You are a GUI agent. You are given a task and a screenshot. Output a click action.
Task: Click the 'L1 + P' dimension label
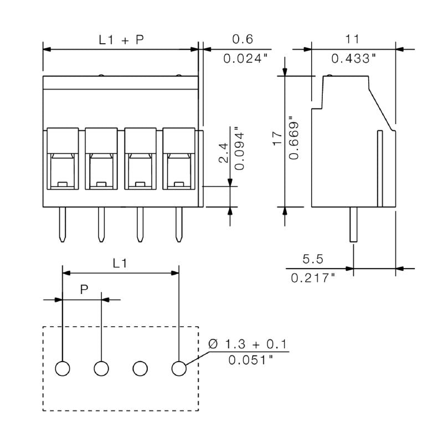[120, 39]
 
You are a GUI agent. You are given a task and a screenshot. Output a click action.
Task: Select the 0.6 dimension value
[242, 39]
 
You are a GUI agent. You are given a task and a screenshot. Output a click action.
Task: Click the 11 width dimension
[352, 39]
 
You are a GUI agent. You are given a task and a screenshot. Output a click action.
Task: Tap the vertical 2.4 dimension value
[223, 153]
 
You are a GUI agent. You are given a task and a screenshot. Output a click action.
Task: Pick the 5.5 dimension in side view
[313, 259]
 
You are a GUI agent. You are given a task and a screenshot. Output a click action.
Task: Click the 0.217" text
[313, 277]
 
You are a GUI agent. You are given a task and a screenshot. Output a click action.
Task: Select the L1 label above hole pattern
[120, 264]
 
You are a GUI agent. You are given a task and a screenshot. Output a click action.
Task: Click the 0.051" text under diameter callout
[250, 360]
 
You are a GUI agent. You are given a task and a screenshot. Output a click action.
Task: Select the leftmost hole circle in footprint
[63, 368]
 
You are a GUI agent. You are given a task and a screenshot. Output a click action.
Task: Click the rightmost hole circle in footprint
[178, 368]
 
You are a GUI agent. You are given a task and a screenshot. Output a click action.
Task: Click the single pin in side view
[353, 224]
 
